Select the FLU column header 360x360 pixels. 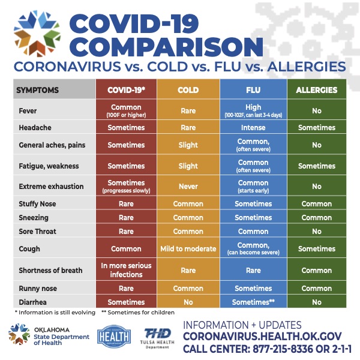[253, 90]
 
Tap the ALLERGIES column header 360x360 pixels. [316, 90]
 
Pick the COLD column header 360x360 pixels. [188, 90]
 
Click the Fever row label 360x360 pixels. [28, 110]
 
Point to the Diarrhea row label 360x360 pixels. [34, 302]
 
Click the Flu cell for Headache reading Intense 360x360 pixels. [253, 128]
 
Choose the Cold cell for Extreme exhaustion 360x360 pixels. [188, 186]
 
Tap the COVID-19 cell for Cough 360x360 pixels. [126, 248]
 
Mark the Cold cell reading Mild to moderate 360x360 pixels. [188, 248]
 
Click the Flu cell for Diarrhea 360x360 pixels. [253, 302]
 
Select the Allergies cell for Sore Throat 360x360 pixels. [316, 231]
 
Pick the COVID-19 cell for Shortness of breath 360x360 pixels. [126, 270]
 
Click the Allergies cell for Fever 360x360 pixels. [316, 110]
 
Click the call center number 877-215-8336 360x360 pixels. [285, 349]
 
